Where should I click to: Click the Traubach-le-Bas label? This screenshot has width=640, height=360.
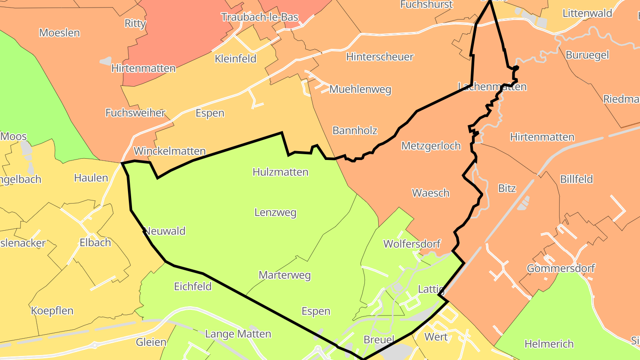260,17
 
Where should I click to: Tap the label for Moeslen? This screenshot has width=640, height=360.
60,32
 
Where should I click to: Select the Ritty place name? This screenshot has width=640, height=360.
135,24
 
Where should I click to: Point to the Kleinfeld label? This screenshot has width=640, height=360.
235,59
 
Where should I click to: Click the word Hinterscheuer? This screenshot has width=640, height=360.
380,57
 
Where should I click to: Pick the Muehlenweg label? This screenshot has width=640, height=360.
360,89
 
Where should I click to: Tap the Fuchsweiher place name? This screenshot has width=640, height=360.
135,113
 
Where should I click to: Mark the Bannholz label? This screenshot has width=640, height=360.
355,131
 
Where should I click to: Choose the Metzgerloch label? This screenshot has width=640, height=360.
431,146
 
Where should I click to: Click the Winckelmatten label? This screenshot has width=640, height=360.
170,151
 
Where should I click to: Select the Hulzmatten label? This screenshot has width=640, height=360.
280,172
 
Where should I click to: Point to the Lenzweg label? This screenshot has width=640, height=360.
275,213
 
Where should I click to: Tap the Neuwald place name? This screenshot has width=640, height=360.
165,231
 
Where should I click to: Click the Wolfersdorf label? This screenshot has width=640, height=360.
412,244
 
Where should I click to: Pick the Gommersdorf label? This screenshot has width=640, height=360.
560,268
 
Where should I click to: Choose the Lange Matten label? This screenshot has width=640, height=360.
238,334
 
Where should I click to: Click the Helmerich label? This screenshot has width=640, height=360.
549,344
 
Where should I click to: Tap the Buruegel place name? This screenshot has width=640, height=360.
587,56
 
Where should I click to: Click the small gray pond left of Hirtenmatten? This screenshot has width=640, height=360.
106,61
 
